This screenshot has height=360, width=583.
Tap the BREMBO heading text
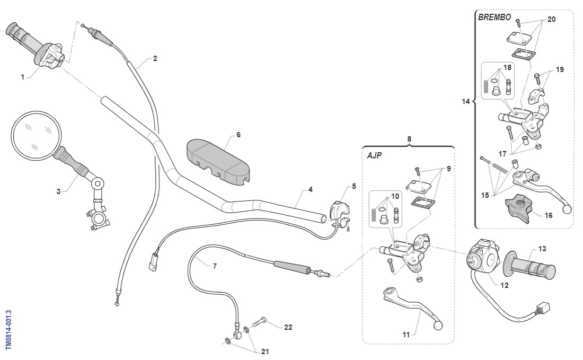click(x=494, y=17)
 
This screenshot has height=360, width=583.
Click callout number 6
click(x=238, y=135)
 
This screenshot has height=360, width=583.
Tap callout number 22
click(x=288, y=327)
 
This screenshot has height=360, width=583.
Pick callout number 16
click(x=549, y=215)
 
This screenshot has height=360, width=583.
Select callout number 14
click(x=466, y=101)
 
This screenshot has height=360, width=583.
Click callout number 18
click(x=507, y=68)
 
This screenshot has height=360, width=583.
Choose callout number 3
click(x=58, y=191)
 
